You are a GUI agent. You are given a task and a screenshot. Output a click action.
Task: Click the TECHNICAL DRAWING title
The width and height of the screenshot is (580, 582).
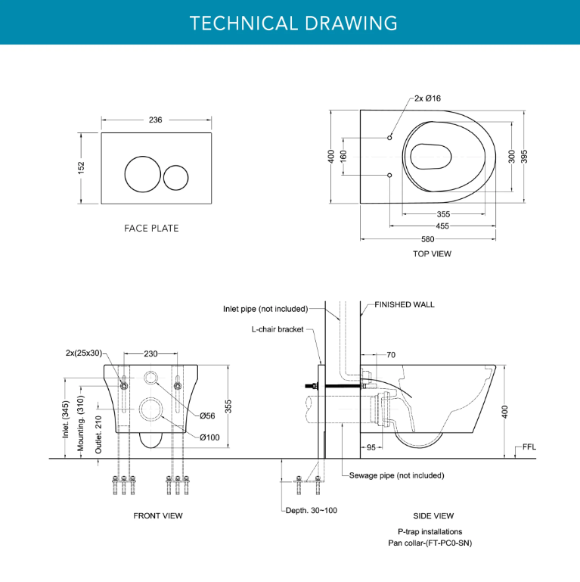(293, 23)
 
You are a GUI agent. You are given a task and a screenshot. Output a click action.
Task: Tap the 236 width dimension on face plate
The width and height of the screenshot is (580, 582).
(155, 120)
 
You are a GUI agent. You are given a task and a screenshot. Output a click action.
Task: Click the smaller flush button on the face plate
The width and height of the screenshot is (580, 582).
(175, 176)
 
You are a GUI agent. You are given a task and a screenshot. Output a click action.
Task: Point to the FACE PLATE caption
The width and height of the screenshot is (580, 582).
(151, 228)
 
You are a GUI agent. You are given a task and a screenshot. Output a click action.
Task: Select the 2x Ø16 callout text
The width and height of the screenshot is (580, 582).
(427, 98)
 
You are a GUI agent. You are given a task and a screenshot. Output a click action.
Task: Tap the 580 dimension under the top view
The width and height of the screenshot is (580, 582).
(428, 239)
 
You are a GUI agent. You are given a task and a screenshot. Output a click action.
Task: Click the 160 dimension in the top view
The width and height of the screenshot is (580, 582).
(343, 157)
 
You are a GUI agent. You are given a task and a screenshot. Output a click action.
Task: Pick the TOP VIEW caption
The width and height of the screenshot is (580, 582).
(432, 254)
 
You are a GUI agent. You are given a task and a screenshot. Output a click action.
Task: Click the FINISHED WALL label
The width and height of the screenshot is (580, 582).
(405, 304)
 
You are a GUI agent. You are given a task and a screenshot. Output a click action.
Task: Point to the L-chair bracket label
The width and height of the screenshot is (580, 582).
(278, 329)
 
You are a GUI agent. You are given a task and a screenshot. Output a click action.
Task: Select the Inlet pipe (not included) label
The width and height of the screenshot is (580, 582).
(265, 309)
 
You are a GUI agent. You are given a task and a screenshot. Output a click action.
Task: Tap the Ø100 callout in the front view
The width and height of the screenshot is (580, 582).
(209, 437)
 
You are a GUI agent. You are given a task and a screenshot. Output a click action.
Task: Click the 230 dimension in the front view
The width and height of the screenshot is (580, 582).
(151, 353)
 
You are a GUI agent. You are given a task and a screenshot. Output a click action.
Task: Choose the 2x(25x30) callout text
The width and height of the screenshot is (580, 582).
(83, 353)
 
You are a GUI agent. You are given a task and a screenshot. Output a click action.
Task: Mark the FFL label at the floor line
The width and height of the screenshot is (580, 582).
(529, 447)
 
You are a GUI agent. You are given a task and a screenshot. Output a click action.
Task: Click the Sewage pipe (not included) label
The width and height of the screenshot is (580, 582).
(396, 475)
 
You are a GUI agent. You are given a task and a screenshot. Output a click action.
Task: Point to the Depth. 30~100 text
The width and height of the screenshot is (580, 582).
(312, 510)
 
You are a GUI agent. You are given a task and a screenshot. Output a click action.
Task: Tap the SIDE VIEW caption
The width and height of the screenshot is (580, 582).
(433, 515)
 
